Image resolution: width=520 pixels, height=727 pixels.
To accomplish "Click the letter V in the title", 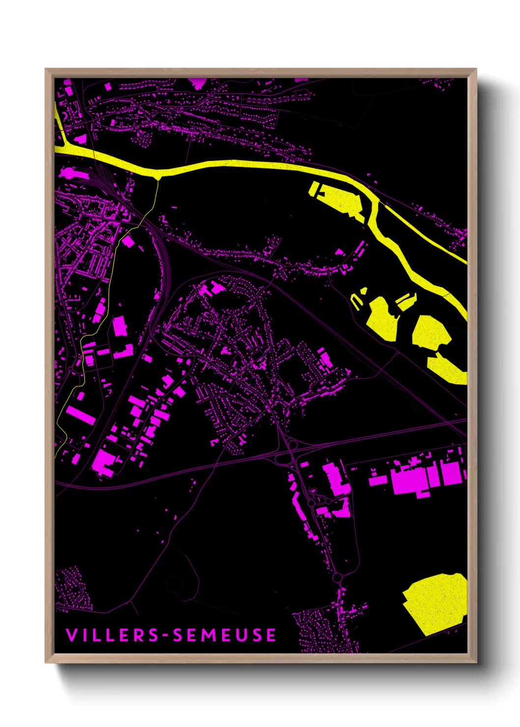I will (x=71, y=635).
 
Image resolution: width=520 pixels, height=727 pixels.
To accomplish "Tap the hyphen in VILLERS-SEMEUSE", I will (x=167, y=635).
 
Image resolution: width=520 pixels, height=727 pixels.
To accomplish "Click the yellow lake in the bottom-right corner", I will (x=435, y=602).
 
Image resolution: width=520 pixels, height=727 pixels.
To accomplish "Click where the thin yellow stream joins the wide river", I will (x=157, y=176).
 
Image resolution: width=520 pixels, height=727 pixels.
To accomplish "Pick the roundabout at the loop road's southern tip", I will (x=337, y=578).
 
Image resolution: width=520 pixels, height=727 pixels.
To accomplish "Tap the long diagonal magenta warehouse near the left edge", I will (x=81, y=414).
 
